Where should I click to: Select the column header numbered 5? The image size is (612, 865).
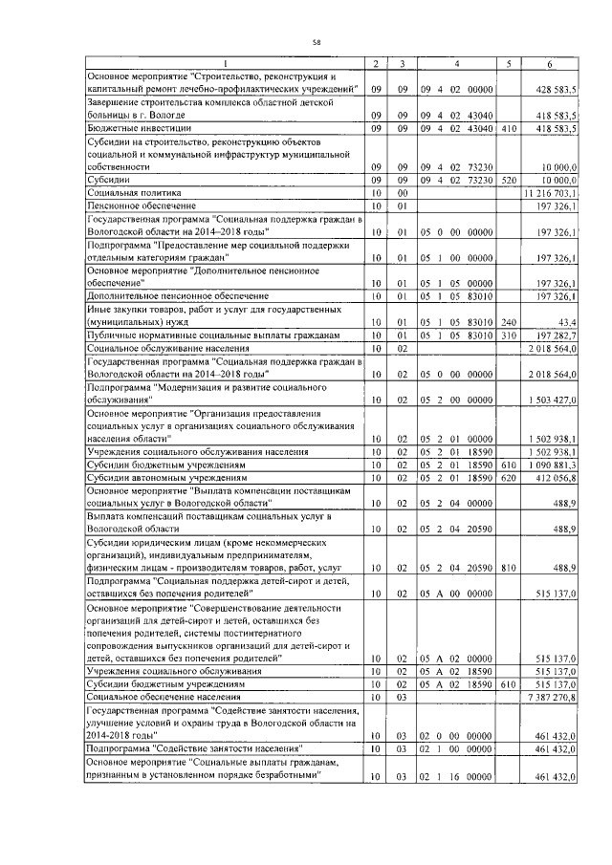pos(510,64)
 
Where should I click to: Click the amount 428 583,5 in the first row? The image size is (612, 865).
pos(555,88)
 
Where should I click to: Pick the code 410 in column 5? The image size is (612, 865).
pos(509,127)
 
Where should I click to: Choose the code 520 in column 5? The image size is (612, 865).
pos(509,179)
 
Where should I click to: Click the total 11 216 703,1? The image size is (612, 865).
pos(551,192)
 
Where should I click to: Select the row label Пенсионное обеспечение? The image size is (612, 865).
pos(142,205)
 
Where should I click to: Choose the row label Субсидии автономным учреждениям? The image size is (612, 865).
pos(167,476)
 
